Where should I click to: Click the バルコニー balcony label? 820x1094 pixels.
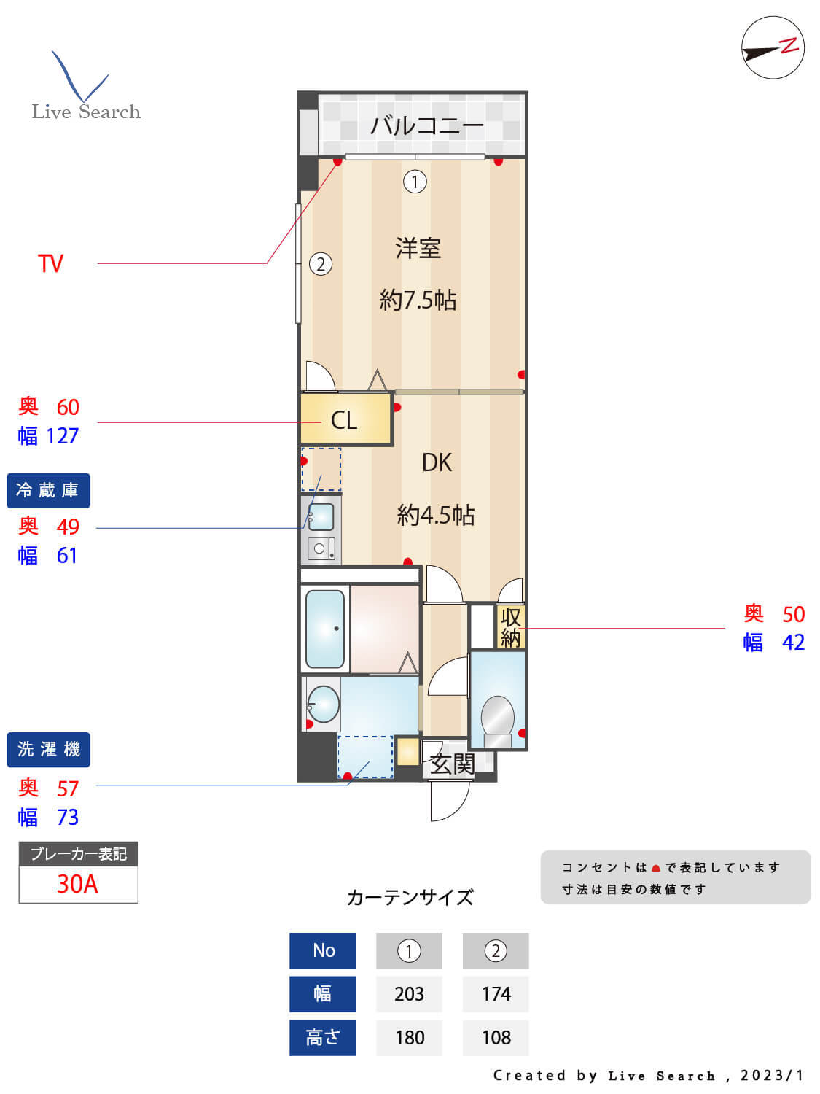click(x=426, y=125)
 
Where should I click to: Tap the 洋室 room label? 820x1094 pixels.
click(x=418, y=249)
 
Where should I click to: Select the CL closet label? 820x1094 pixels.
click(x=344, y=420)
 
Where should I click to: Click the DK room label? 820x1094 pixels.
click(x=437, y=462)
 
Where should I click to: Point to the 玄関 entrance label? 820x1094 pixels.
click(x=452, y=764)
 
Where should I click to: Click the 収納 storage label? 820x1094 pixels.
click(x=510, y=627)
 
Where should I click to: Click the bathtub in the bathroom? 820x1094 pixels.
click(x=325, y=629)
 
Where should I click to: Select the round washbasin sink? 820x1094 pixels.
click(x=323, y=705)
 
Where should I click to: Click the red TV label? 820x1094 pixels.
click(x=50, y=263)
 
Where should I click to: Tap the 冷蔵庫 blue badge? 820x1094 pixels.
click(x=48, y=490)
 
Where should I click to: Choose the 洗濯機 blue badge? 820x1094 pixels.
click(x=48, y=749)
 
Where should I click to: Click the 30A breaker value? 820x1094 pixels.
click(x=77, y=884)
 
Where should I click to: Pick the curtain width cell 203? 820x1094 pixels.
click(x=409, y=994)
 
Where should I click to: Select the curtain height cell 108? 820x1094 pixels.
click(x=496, y=1037)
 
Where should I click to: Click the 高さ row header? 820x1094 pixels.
click(x=322, y=1037)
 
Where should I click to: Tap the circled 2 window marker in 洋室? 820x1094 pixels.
click(x=321, y=263)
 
